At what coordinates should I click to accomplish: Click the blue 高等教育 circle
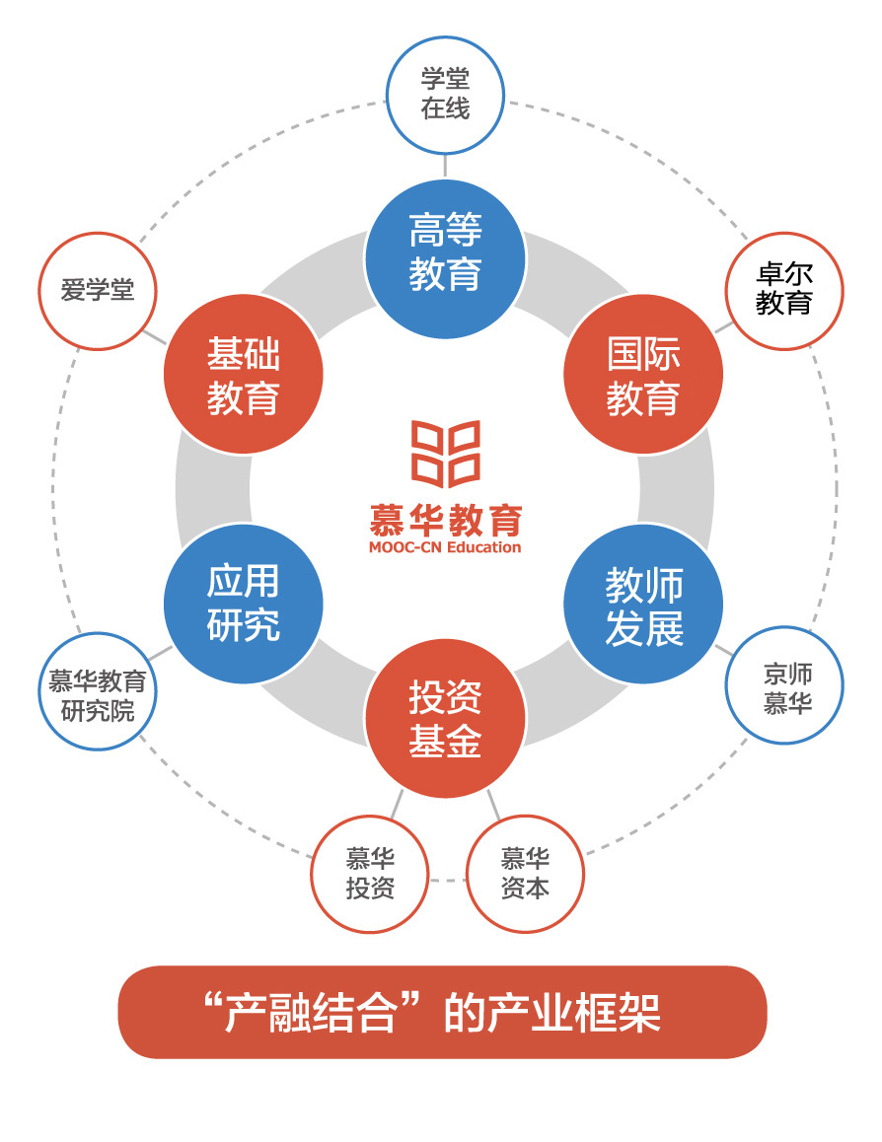(444, 254)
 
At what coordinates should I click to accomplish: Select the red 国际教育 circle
(643, 375)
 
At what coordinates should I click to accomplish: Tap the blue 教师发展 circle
(643, 605)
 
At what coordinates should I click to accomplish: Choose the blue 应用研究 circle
(243, 605)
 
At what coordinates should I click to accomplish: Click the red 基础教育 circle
(243, 375)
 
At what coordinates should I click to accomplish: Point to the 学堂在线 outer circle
(445, 95)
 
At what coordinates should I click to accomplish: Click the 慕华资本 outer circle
(525, 873)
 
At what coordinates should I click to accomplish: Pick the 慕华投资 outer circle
(370, 873)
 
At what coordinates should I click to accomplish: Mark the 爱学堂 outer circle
(97, 290)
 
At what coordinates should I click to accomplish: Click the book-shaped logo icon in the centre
(445, 454)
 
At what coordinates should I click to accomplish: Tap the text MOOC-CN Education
(444, 546)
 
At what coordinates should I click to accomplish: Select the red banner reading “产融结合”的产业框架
(442, 1012)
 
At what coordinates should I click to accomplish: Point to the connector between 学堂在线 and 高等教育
(445, 165)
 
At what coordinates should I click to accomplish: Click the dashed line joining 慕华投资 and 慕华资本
(447, 879)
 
